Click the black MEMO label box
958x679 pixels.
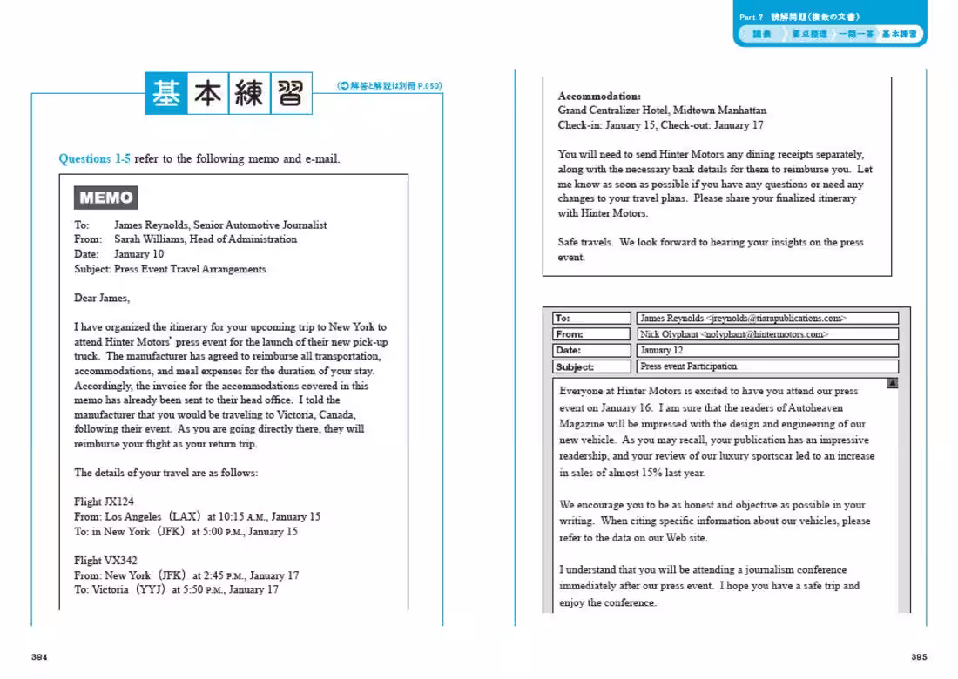coord(106,198)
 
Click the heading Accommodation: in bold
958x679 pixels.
coord(599,96)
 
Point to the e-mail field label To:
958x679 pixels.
coord(563,319)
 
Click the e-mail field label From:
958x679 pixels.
coord(569,334)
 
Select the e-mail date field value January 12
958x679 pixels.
coord(662,350)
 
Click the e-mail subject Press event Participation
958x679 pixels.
coord(688,366)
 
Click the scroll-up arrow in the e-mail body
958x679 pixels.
coord(893,383)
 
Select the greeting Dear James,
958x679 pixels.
coord(101,298)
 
